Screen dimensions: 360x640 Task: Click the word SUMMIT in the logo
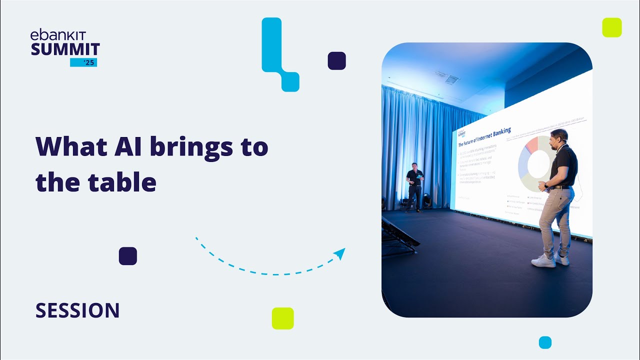tap(65, 49)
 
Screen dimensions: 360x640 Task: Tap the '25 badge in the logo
tap(83, 62)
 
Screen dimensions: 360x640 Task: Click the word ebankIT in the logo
tap(58, 35)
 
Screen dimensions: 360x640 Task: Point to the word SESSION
tap(77, 310)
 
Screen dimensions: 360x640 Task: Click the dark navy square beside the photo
tap(337, 60)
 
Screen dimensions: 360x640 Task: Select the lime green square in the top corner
tap(612, 27)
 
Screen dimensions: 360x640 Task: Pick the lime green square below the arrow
tap(282, 318)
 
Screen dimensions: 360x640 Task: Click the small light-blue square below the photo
tap(545, 342)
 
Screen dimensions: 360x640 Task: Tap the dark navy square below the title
tap(128, 256)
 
